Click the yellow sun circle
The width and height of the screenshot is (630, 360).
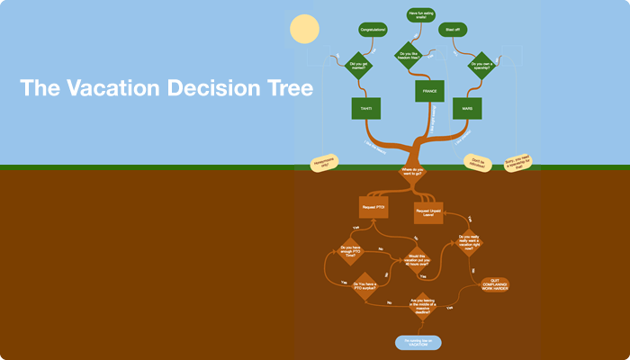305,30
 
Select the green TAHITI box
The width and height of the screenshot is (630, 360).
366,108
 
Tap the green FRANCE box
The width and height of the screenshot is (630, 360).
429,91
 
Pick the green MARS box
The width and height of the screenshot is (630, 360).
467,108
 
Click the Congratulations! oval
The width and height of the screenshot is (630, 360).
373,31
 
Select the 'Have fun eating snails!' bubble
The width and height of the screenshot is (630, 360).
420,13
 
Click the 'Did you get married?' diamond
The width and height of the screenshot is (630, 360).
359,65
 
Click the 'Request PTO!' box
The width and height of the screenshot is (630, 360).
373,207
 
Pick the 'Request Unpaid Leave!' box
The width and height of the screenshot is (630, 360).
428,212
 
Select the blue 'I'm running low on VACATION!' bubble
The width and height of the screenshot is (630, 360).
418,342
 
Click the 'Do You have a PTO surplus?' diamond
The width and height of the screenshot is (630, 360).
364,288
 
